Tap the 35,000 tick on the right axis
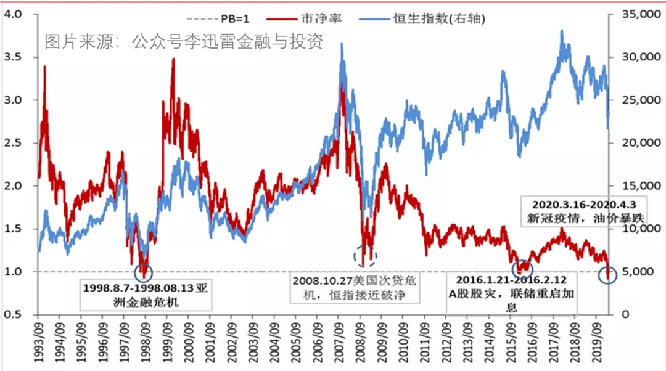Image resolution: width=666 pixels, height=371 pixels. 636,14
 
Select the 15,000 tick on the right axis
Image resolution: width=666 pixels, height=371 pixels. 636,185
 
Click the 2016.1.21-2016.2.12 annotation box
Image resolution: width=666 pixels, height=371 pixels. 511,293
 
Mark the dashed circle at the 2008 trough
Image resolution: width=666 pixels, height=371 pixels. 364,255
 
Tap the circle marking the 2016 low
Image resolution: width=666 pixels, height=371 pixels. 523,268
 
